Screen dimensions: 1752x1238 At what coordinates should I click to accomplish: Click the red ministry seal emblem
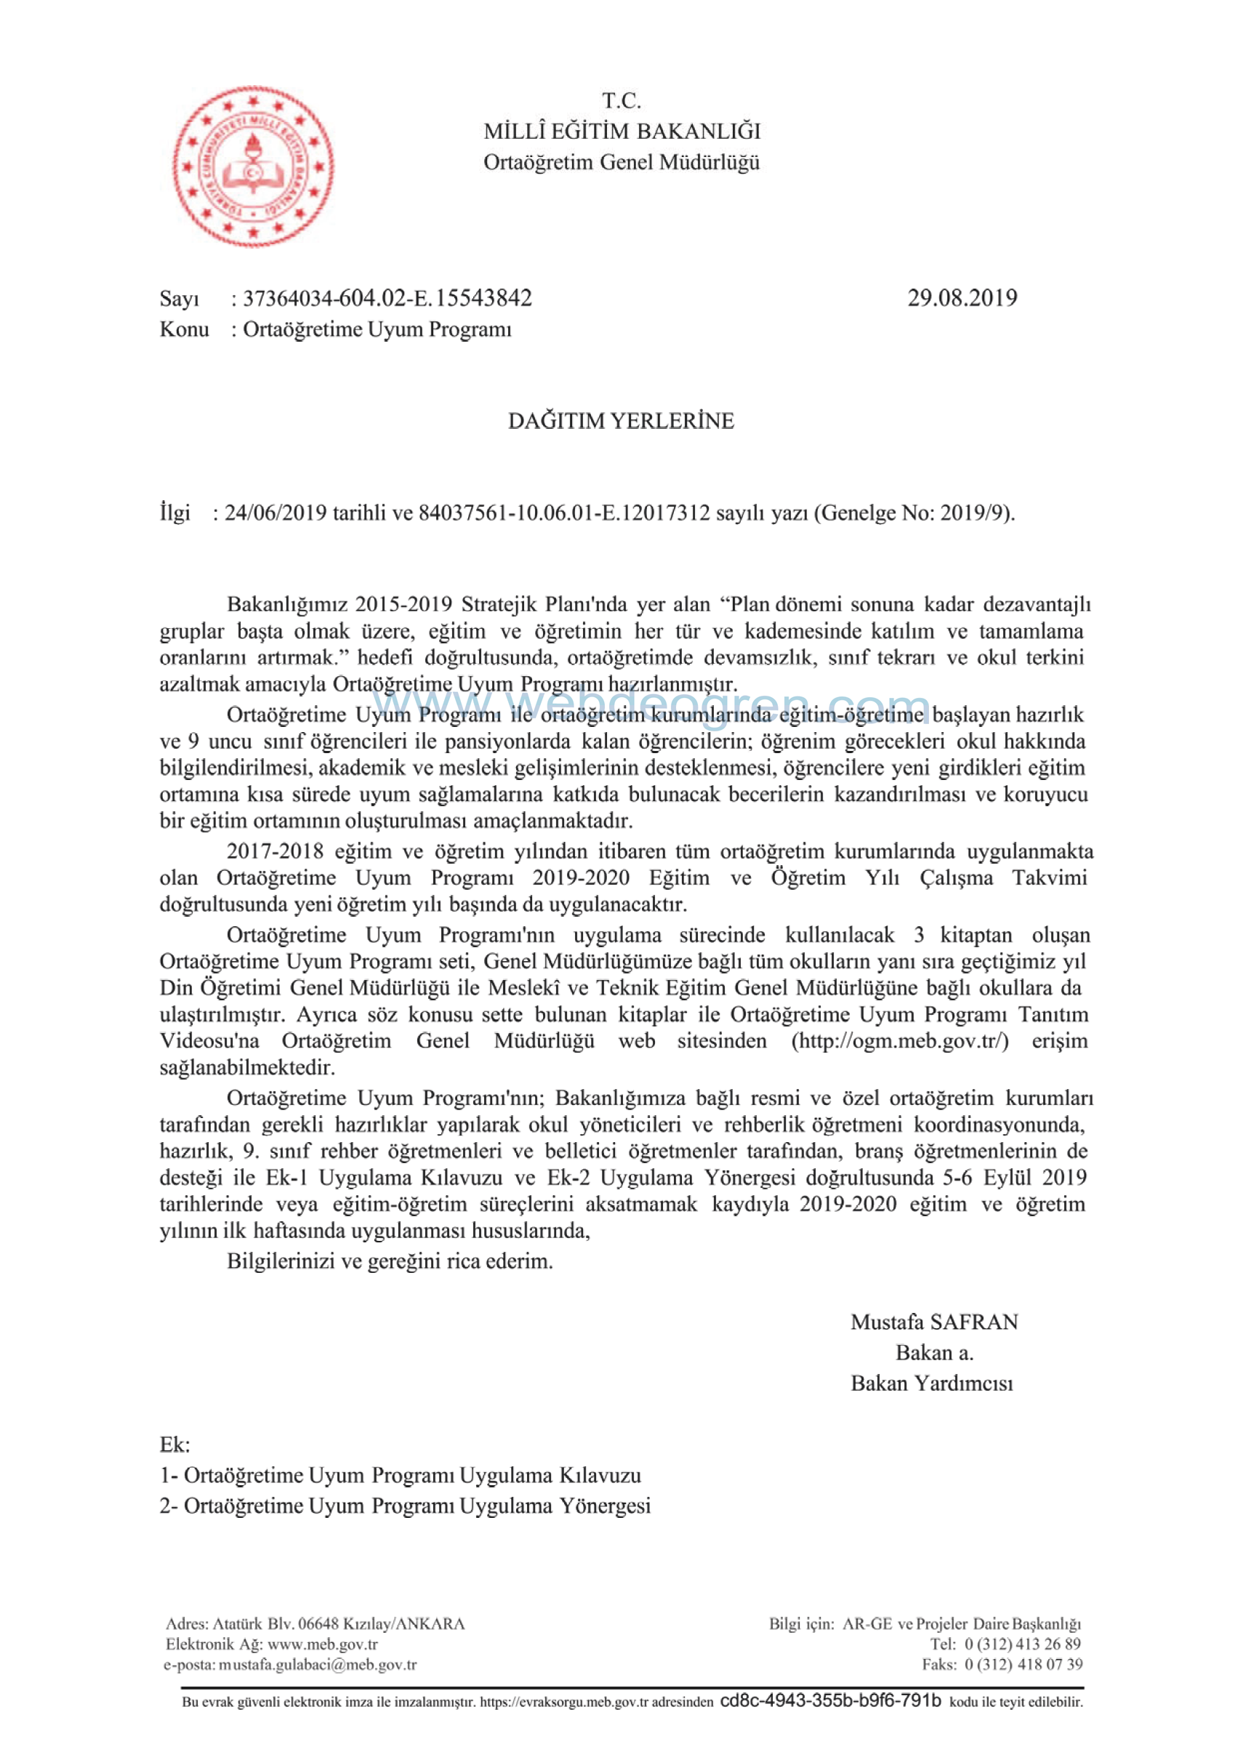point(253,166)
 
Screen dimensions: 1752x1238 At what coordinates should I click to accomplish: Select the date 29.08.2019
point(962,297)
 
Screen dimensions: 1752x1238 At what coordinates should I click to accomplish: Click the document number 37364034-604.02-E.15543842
point(387,297)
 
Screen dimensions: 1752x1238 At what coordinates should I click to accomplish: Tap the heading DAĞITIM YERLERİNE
point(621,421)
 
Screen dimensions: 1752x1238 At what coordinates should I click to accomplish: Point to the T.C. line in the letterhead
point(622,101)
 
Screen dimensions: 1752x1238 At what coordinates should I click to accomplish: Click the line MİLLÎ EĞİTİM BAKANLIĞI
point(622,132)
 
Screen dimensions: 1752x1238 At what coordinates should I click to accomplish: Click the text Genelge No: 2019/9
point(916,513)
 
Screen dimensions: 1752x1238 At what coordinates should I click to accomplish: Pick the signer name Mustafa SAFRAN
point(934,1322)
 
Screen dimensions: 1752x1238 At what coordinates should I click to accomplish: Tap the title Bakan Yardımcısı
point(932,1383)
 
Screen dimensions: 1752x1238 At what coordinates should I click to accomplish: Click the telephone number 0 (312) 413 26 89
point(1023,1644)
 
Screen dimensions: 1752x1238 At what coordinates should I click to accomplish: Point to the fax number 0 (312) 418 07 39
point(1023,1664)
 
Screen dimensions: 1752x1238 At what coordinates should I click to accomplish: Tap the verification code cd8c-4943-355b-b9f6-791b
point(830,1701)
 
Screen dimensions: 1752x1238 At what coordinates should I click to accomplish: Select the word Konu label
point(184,329)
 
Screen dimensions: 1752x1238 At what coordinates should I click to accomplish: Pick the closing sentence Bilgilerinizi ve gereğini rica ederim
point(389,1261)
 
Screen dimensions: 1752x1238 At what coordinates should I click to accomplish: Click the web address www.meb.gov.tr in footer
point(322,1644)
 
